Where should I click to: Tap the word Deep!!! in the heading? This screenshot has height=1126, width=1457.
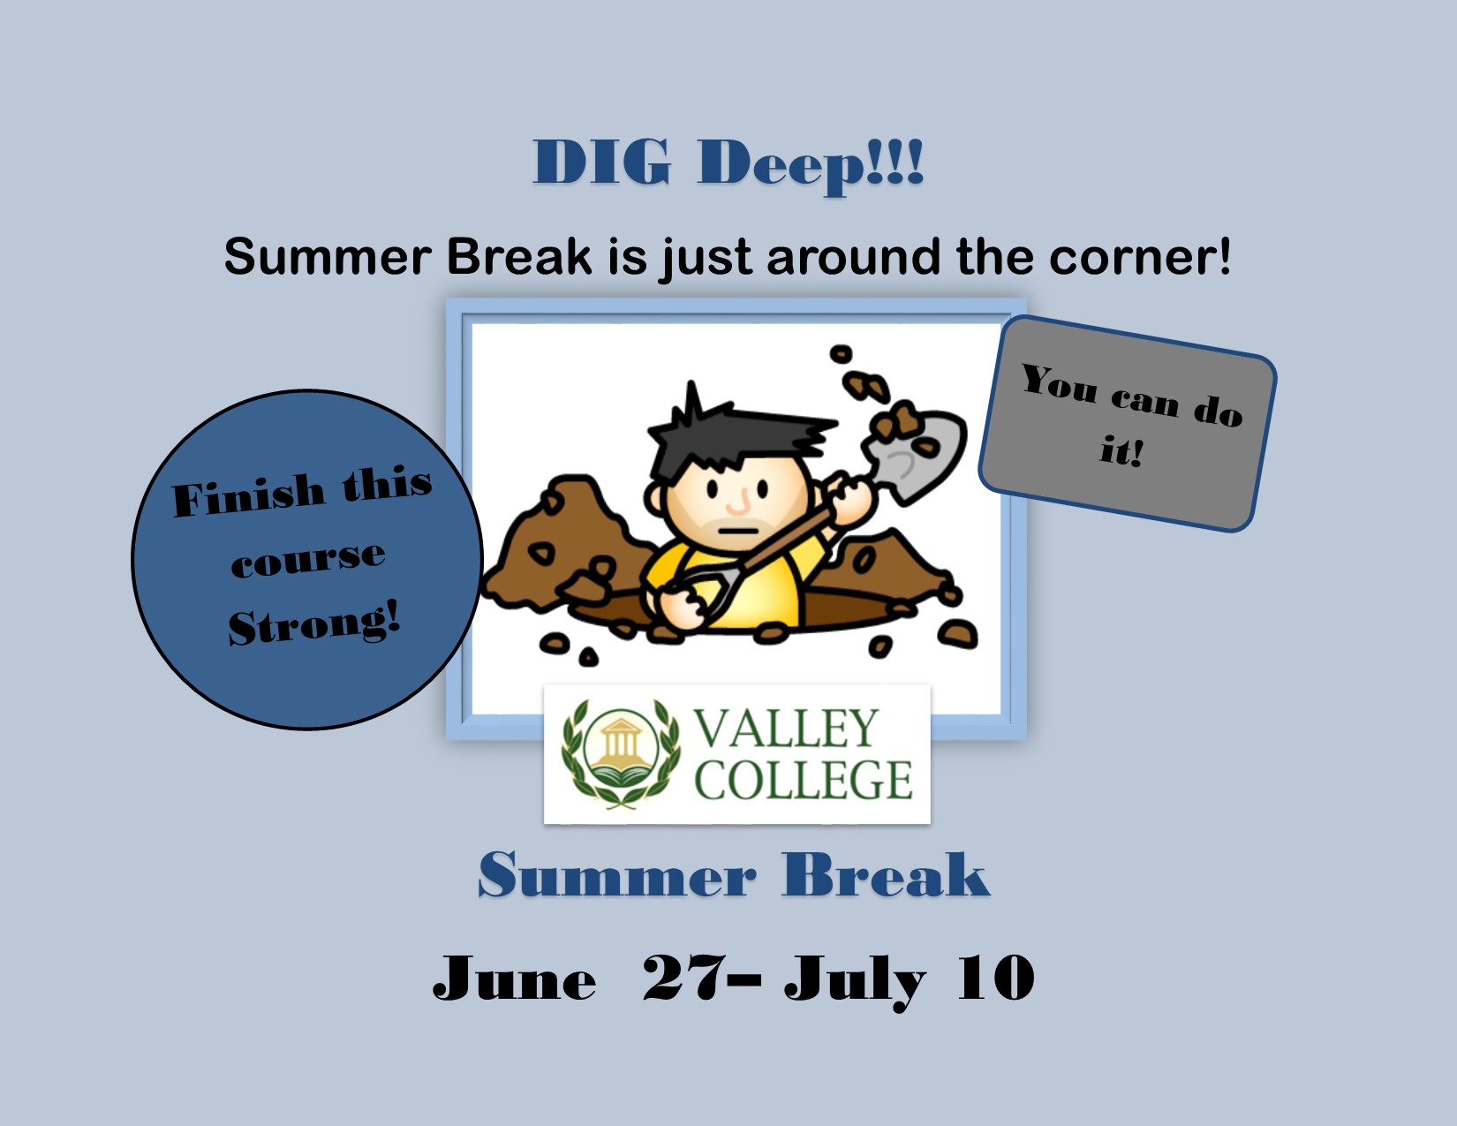coord(811,164)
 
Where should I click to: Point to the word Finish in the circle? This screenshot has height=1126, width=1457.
coord(248,495)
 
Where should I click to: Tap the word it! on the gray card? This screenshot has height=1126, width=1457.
coord(1121,451)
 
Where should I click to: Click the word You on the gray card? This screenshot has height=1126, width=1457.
coord(1060,382)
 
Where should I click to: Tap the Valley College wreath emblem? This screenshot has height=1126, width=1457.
coord(622,753)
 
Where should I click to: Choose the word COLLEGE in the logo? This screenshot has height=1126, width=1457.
coord(803,780)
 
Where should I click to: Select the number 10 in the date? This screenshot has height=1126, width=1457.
coord(995,978)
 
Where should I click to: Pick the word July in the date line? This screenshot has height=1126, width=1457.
coord(854,980)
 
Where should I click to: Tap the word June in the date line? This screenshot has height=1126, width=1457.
coord(514,979)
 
